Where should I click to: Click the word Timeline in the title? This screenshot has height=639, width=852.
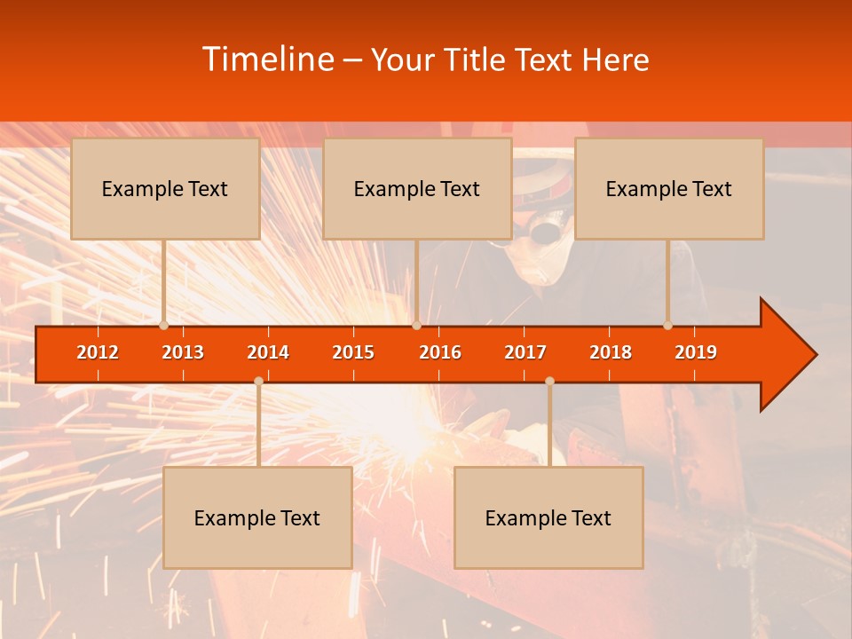[x=267, y=59]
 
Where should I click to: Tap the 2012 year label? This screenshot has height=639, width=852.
[x=98, y=352]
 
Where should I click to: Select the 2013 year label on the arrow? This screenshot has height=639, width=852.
[x=183, y=352]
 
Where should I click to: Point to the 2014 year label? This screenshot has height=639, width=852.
[x=268, y=352]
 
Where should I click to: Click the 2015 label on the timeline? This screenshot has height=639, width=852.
[x=353, y=352]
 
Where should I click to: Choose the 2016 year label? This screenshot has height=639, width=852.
[x=440, y=352]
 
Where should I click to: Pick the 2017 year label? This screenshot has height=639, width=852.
[x=525, y=352]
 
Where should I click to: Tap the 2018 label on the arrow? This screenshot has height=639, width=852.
[x=611, y=352]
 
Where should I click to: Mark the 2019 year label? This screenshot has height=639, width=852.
[x=696, y=352]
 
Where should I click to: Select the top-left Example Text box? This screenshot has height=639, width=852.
[x=165, y=188]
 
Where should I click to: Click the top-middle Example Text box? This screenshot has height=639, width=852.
[x=417, y=188]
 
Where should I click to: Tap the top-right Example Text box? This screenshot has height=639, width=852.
[x=669, y=188]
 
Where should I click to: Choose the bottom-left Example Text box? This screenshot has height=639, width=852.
[x=257, y=517]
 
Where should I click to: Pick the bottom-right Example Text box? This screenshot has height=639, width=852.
[x=548, y=517]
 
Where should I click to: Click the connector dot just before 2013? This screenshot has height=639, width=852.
[x=164, y=326]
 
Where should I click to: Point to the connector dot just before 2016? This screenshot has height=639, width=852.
[x=416, y=326]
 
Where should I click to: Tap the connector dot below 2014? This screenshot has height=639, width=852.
[x=258, y=381]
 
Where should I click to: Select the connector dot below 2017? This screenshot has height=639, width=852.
[x=549, y=381]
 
